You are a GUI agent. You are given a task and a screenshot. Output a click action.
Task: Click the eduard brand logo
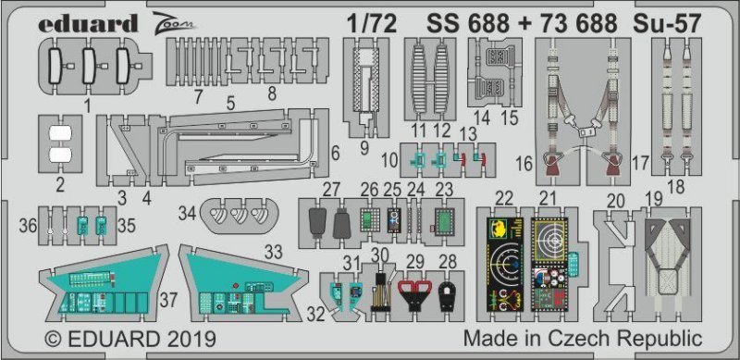coord(88,23)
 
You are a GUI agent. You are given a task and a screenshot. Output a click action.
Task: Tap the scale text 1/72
coord(371,24)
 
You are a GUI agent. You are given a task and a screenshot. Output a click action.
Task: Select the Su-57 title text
coord(666,24)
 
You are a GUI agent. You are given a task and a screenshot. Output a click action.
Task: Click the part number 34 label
coord(188,214)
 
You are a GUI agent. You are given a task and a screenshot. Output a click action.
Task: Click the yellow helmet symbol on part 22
coord(500,230)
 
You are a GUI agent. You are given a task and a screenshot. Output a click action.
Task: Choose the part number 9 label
coord(364,148)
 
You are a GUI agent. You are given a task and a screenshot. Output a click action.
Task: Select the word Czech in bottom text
coord(592,339)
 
